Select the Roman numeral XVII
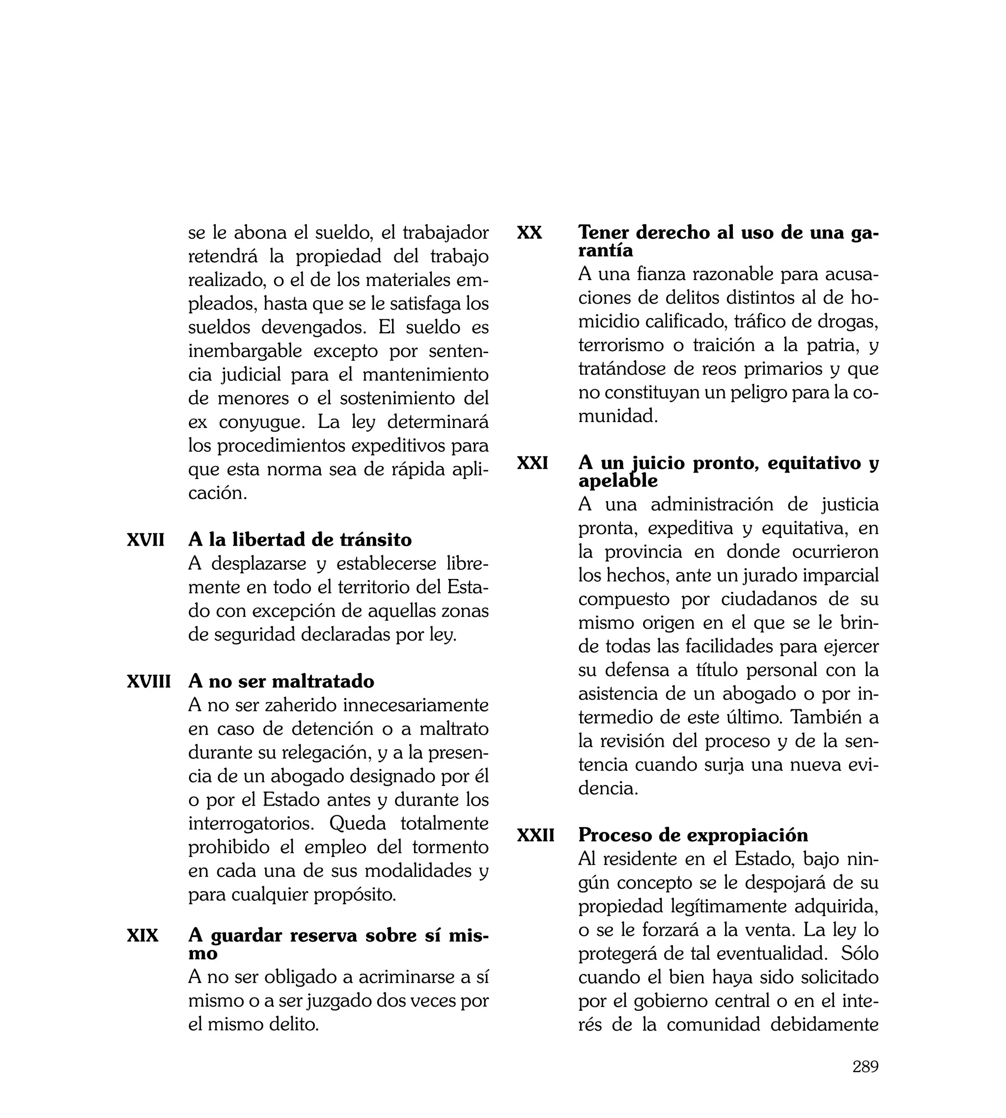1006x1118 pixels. (145, 540)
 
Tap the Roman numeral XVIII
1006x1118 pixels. (149, 681)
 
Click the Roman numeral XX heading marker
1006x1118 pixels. (529, 233)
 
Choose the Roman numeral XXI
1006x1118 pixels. (532, 463)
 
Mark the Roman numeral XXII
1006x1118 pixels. (535, 835)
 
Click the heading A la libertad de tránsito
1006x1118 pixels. (300, 540)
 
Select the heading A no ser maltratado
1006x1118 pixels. (281, 681)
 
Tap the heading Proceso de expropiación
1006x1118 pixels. (693, 835)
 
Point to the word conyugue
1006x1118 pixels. (261, 422)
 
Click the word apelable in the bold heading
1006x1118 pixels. (617, 481)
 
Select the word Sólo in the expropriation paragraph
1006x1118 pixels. (860, 954)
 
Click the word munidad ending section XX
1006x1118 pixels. (617, 417)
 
